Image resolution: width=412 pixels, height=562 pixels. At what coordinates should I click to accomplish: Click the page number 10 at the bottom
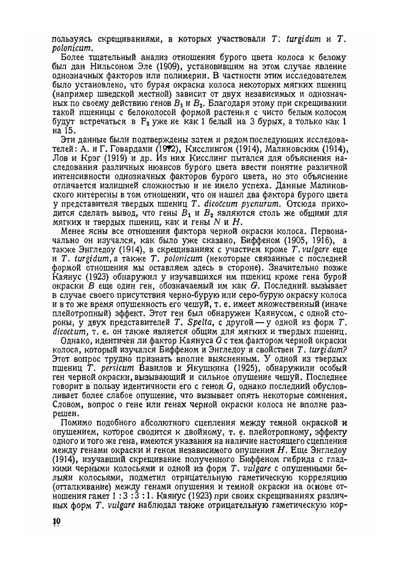pyautogui.click(x=56, y=521)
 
